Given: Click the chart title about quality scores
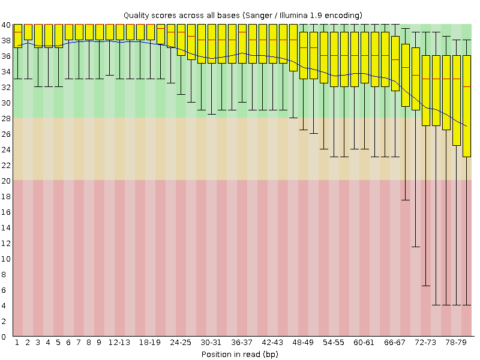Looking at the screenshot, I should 242,14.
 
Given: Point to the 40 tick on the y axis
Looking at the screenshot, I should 5,25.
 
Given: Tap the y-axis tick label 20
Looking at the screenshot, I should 5,181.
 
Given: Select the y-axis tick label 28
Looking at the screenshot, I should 5,118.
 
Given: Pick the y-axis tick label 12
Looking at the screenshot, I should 5,243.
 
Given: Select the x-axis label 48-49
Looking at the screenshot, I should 303,343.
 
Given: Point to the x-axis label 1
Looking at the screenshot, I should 17,343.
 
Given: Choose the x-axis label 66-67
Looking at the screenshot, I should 395,343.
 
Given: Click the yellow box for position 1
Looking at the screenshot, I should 17,35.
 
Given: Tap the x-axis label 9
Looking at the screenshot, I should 99,343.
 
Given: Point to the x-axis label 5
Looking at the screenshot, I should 58,343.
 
